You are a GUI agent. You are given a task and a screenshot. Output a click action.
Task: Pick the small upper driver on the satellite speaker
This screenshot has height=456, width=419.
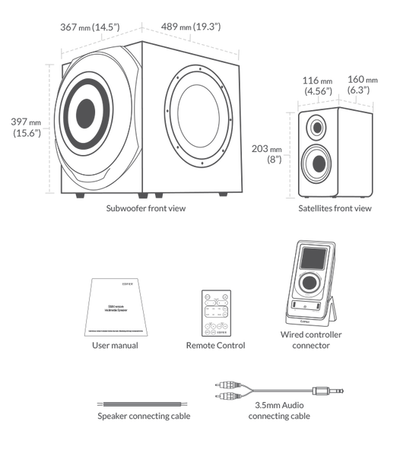[x=316, y=125]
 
